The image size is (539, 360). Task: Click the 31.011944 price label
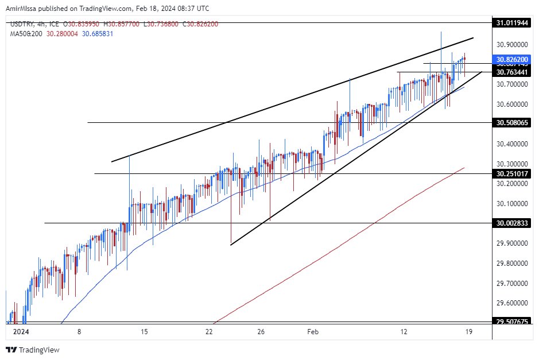coord(513,22)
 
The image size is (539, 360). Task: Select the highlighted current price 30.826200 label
coord(513,59)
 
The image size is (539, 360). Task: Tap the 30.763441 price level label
coord(513,72)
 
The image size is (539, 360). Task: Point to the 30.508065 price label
coord(513,122)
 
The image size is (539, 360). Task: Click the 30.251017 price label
coord(513,173)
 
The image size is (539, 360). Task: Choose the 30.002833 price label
coord(513,223)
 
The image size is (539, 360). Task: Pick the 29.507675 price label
coord(513,322)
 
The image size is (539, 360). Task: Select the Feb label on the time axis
coord(313,331)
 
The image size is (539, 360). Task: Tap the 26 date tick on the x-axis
coord(261,331)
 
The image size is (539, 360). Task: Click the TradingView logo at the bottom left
coord(33,350)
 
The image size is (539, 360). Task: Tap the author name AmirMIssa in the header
coord(23,9)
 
